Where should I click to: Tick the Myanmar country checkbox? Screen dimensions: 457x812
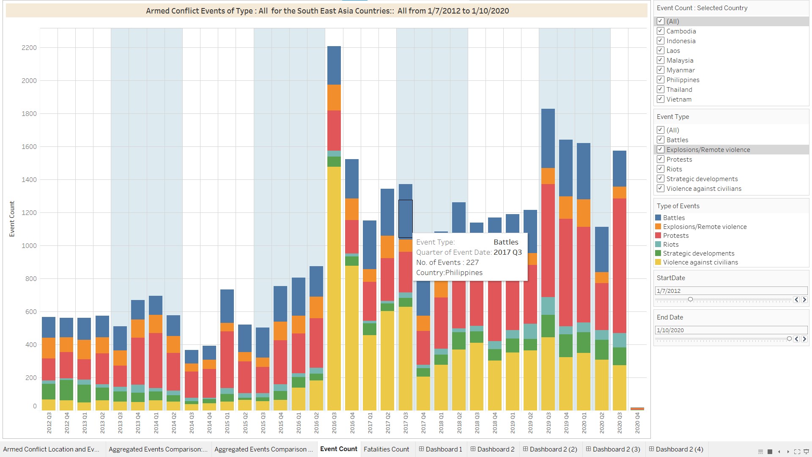pos(660,70)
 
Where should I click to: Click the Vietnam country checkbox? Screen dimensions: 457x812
pos(660,99)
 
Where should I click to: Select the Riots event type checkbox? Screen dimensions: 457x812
pos(660,169)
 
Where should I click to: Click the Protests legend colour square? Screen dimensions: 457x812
pos(658,235)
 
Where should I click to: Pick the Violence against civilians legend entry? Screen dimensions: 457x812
pos(700,262)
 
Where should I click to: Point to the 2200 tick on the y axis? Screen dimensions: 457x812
pos(29,48)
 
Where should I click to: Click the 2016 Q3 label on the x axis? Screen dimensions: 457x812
pos(334,423)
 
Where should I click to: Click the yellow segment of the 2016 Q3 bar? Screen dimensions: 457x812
pos(334,288)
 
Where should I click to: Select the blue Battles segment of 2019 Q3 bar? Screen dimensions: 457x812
pos(548,138)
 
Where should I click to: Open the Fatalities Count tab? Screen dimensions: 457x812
pos(386,449)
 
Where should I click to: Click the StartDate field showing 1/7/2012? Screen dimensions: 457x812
pos(731,291)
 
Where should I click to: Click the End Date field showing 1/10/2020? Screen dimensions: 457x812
pos(731,330)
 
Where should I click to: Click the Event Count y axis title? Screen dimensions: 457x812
pos(12,219)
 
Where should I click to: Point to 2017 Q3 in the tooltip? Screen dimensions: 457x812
pos(507,252)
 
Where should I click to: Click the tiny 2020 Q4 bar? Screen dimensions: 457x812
pos(637,409)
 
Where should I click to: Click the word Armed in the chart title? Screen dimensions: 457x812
pos(157,11)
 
